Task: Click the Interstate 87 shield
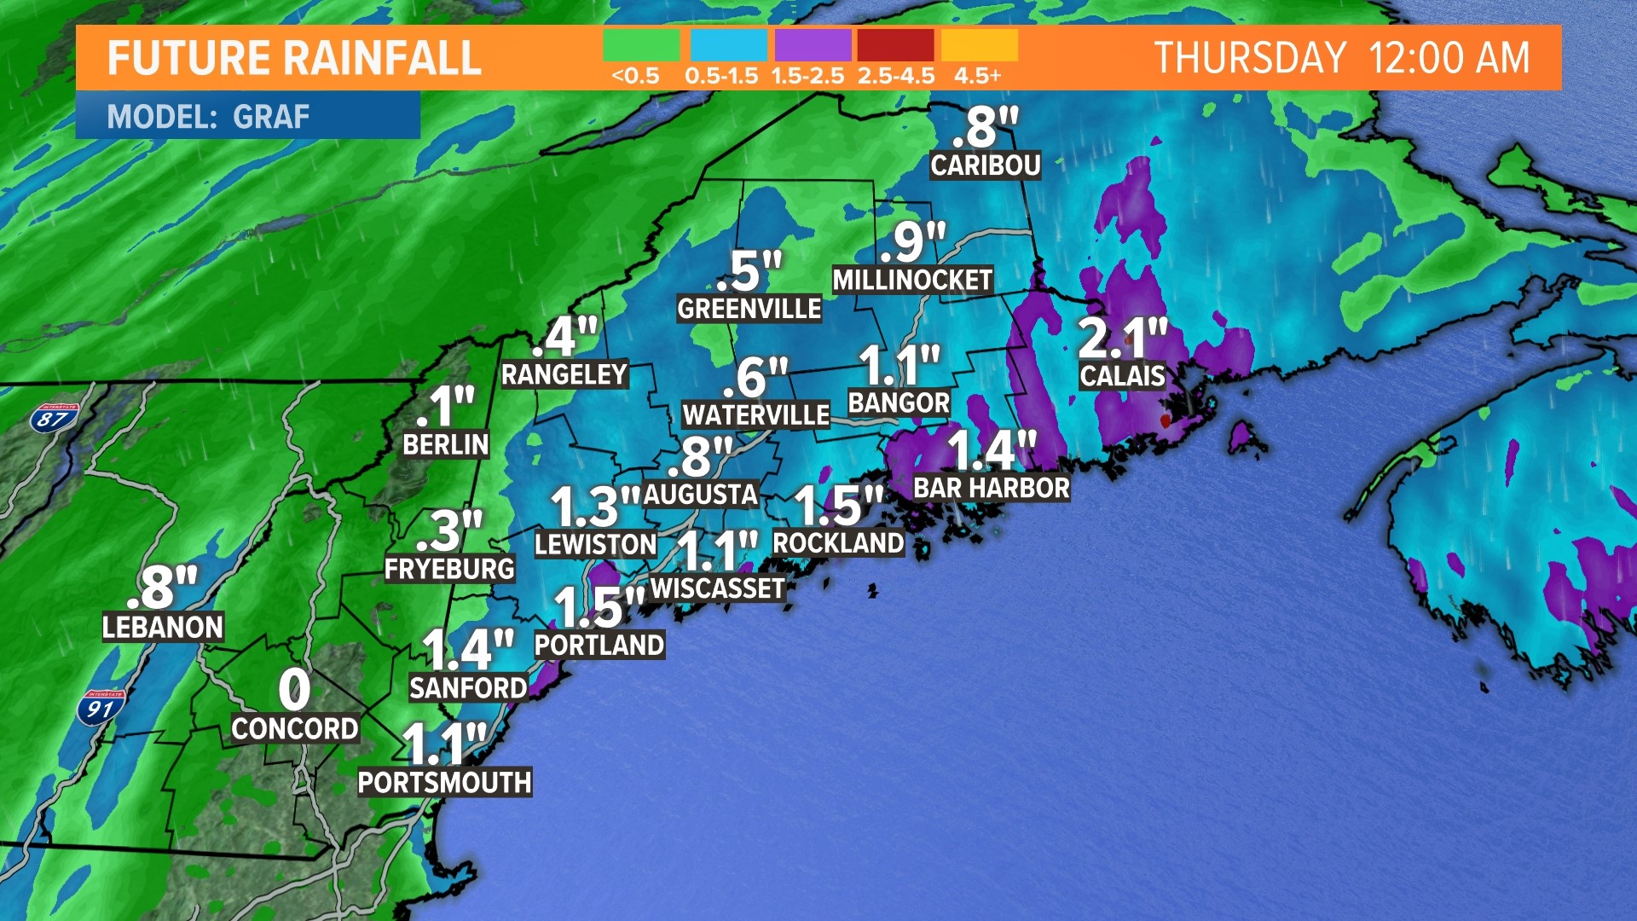tap(53, 418)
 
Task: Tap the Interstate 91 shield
tap(101, 708)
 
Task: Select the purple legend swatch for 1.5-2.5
tap(812, 45)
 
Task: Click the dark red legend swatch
tap(895, 45)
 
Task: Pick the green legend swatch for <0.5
tap(640, 45)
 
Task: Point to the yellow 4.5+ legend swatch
tap(979, 45)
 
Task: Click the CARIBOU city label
tap(985, 165)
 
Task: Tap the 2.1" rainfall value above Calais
tap(1121, 338)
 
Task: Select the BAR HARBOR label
tap(991, 489)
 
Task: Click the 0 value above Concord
tap(294, 689)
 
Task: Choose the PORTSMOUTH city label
tap(444, 783)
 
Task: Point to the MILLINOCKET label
tap(912, 281)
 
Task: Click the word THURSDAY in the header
tap(1249, 59)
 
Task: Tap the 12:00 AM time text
tap(1449, 59)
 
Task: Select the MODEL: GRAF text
tap(208, 117)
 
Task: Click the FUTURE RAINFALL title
tap(294, 59)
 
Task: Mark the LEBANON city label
tap(162, 628)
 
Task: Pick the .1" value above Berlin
tap(445, 407)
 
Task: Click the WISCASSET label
tap(717, 588)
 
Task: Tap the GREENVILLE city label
tap(749, 309)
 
